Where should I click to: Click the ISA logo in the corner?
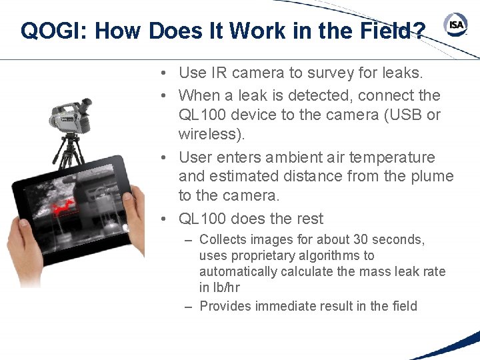point(456,25)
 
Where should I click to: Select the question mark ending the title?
point(419,31)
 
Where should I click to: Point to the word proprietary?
point(260,255)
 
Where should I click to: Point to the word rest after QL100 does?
point(307,219)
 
